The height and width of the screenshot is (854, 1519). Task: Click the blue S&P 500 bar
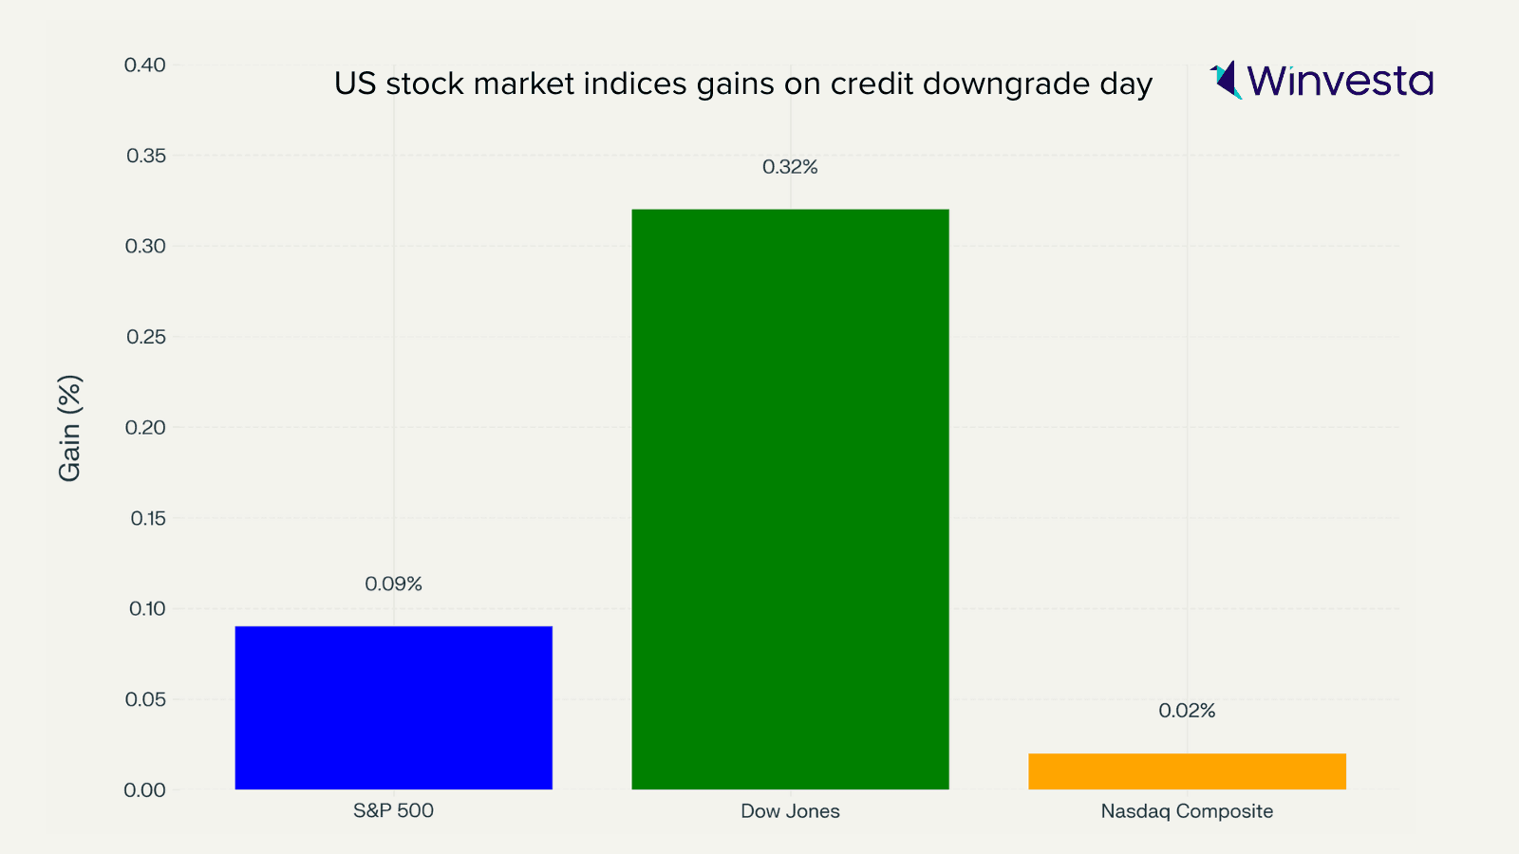pyautogui.click(x=393, y=707)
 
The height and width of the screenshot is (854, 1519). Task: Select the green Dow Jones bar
pyautogui.click(x=790, y=498)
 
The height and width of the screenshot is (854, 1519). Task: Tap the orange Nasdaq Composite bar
pyautogui.click(x=1187, y=770)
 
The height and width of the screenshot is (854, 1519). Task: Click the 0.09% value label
pyautogui.click(x=393, y=584)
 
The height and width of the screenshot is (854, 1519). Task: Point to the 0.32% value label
pyautogui.click(x=790, y=167)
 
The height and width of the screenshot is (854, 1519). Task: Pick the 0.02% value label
pyautogui.click(x=1187, y=711)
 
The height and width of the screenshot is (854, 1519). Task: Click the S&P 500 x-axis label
pyautogui.click(x=393, y=811)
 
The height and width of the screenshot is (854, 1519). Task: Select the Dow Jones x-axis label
pyautogui.click(x=790, y=811)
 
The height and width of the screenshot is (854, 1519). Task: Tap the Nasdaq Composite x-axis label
pyautogui.click(x=1187, y=811)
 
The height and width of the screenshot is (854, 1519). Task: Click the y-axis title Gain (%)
pyautogui.click(x=70, y=428)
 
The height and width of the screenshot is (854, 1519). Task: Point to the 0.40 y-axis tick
pyautogui.click(x=144, y=65)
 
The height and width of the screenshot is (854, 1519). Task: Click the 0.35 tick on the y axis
pyautogui.click(x=145, y=156)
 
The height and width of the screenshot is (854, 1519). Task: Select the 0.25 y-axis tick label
pyautogui.click(x=145, y=337)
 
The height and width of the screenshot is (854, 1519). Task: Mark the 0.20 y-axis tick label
pyautogui.click(x=145, y=427)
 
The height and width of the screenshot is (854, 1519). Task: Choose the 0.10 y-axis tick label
pyautogui.click(x=146, y=608)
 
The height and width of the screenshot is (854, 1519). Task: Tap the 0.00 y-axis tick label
pyautogui.click(x=144, y=789)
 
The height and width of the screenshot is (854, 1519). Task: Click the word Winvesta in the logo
pyautogui.click(x=1340, y=81)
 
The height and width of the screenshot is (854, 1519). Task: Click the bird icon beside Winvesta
pyautogui.click(x=1226, y=80)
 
